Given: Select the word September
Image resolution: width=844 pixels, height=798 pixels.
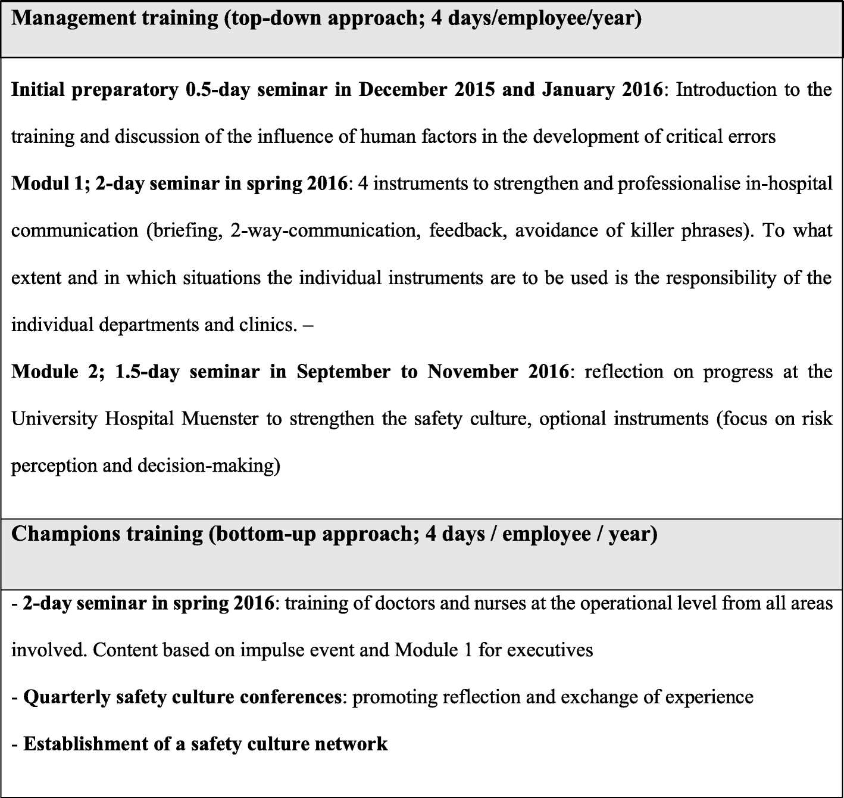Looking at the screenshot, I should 343,372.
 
